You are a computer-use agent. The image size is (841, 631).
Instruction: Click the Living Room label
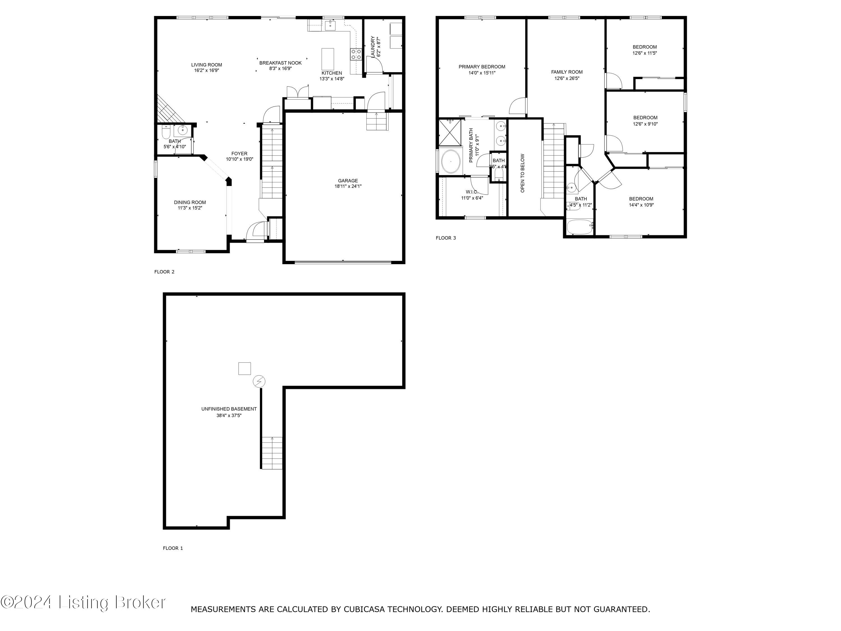coord(206,65)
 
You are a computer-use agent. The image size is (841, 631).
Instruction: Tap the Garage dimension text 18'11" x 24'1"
coord(348,186)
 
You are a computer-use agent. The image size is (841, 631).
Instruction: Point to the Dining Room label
coord(190,202)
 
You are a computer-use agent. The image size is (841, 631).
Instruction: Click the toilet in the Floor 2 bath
coord(166,132)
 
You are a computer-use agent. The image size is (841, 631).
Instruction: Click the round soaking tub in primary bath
coord(450,161)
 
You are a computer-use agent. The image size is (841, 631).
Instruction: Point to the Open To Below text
coord(522,173)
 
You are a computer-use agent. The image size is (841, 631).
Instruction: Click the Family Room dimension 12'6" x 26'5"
coord(567,78)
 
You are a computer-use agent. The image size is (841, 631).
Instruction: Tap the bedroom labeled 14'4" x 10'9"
coord(641,202)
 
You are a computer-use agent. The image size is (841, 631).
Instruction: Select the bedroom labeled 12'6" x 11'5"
coord(644,50)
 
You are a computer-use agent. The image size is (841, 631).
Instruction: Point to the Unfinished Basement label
coord(229,409)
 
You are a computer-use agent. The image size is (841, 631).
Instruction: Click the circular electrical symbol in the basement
coord(259,381)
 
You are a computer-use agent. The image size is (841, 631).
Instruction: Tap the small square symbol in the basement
coord(244,369)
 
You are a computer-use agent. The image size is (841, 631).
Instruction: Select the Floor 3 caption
coord(446,238)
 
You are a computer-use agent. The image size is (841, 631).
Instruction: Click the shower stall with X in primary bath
coord(450,132)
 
